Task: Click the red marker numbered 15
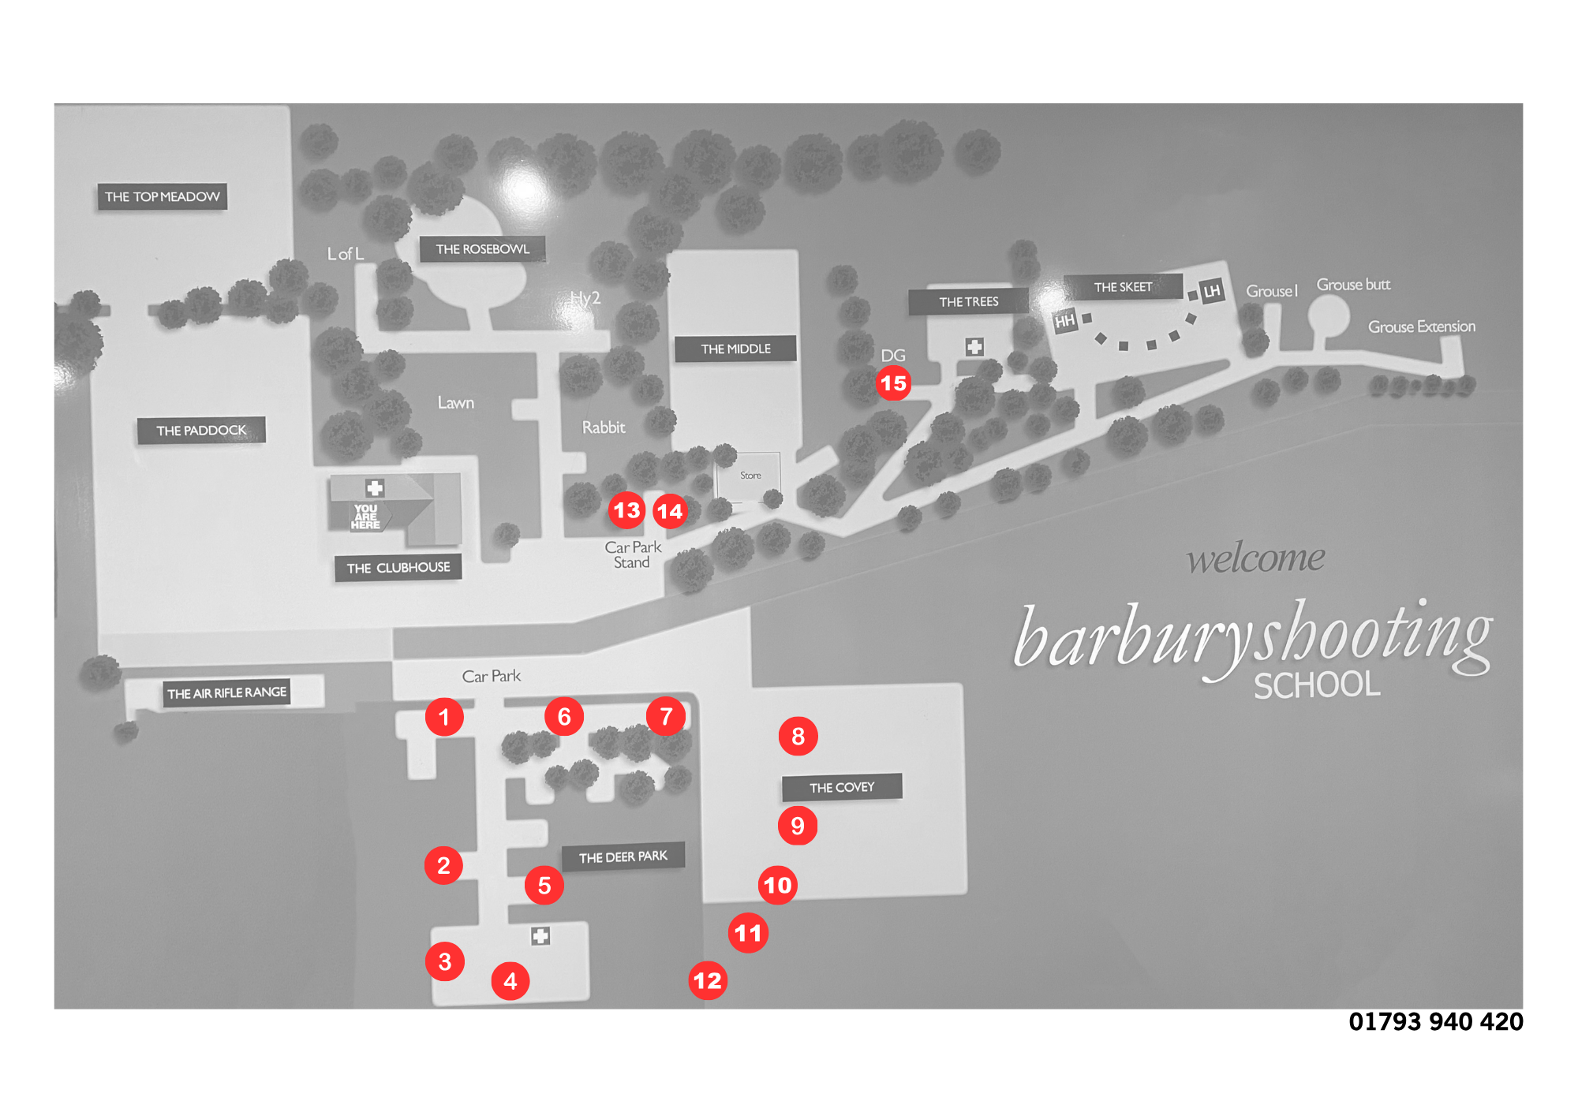coord(893,383)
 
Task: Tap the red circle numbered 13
coord(627,510)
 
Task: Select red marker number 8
coord(798,736)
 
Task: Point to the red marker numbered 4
coord(510,981)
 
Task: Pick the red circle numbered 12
coord(708,980)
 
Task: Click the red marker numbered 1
coord(444,717)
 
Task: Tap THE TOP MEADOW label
coord(162,196)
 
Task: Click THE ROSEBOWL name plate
coord(482,249)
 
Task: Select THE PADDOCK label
coord(201,431)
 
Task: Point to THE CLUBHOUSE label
coord(398,568)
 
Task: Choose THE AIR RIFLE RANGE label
coord(226,693)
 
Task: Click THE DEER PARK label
coord(623,857)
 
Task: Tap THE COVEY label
coord(842,787)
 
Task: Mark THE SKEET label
coord(1123,287)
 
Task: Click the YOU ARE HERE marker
coord(366,517)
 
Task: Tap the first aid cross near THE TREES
coord(974,347)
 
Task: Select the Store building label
coord(750,476)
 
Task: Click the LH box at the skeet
coord(1211,291)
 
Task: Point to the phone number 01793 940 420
coord(1436,1022)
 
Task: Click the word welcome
coord(1256,558)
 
